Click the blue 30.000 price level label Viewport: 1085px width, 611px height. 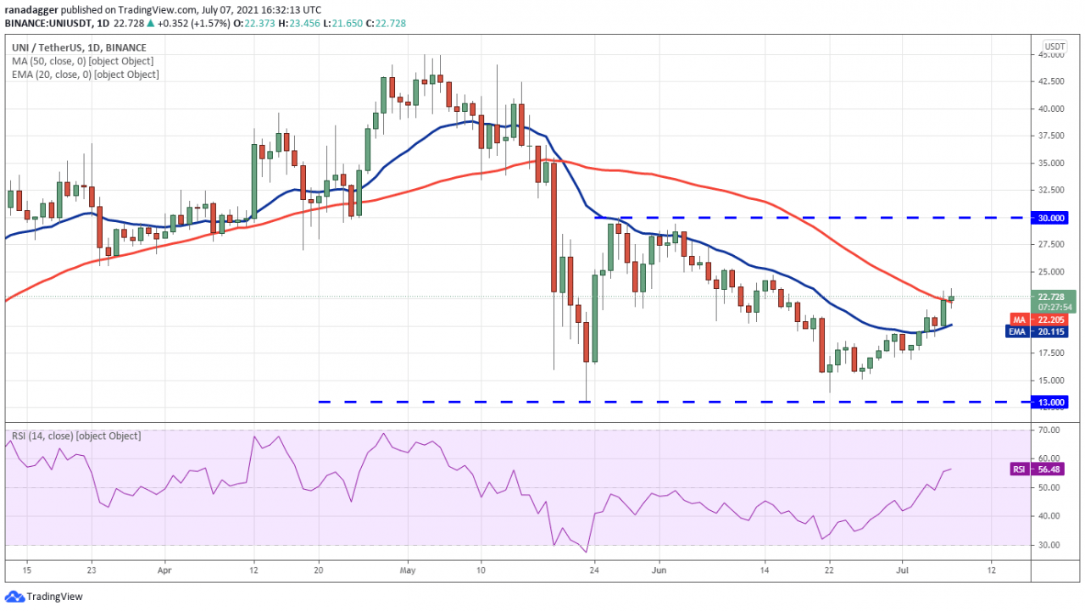1052,218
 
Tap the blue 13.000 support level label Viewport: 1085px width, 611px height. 1052,402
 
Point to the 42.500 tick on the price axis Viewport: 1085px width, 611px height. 1052,81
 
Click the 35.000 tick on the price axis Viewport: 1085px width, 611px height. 1052,163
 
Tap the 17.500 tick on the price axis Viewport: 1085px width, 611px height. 1052,353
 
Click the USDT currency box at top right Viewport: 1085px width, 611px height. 1054,46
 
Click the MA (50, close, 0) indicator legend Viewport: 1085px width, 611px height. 82,61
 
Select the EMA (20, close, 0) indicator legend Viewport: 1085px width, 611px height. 85,75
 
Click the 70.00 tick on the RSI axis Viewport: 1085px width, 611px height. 1050,430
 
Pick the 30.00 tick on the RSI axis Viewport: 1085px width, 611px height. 1050,544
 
